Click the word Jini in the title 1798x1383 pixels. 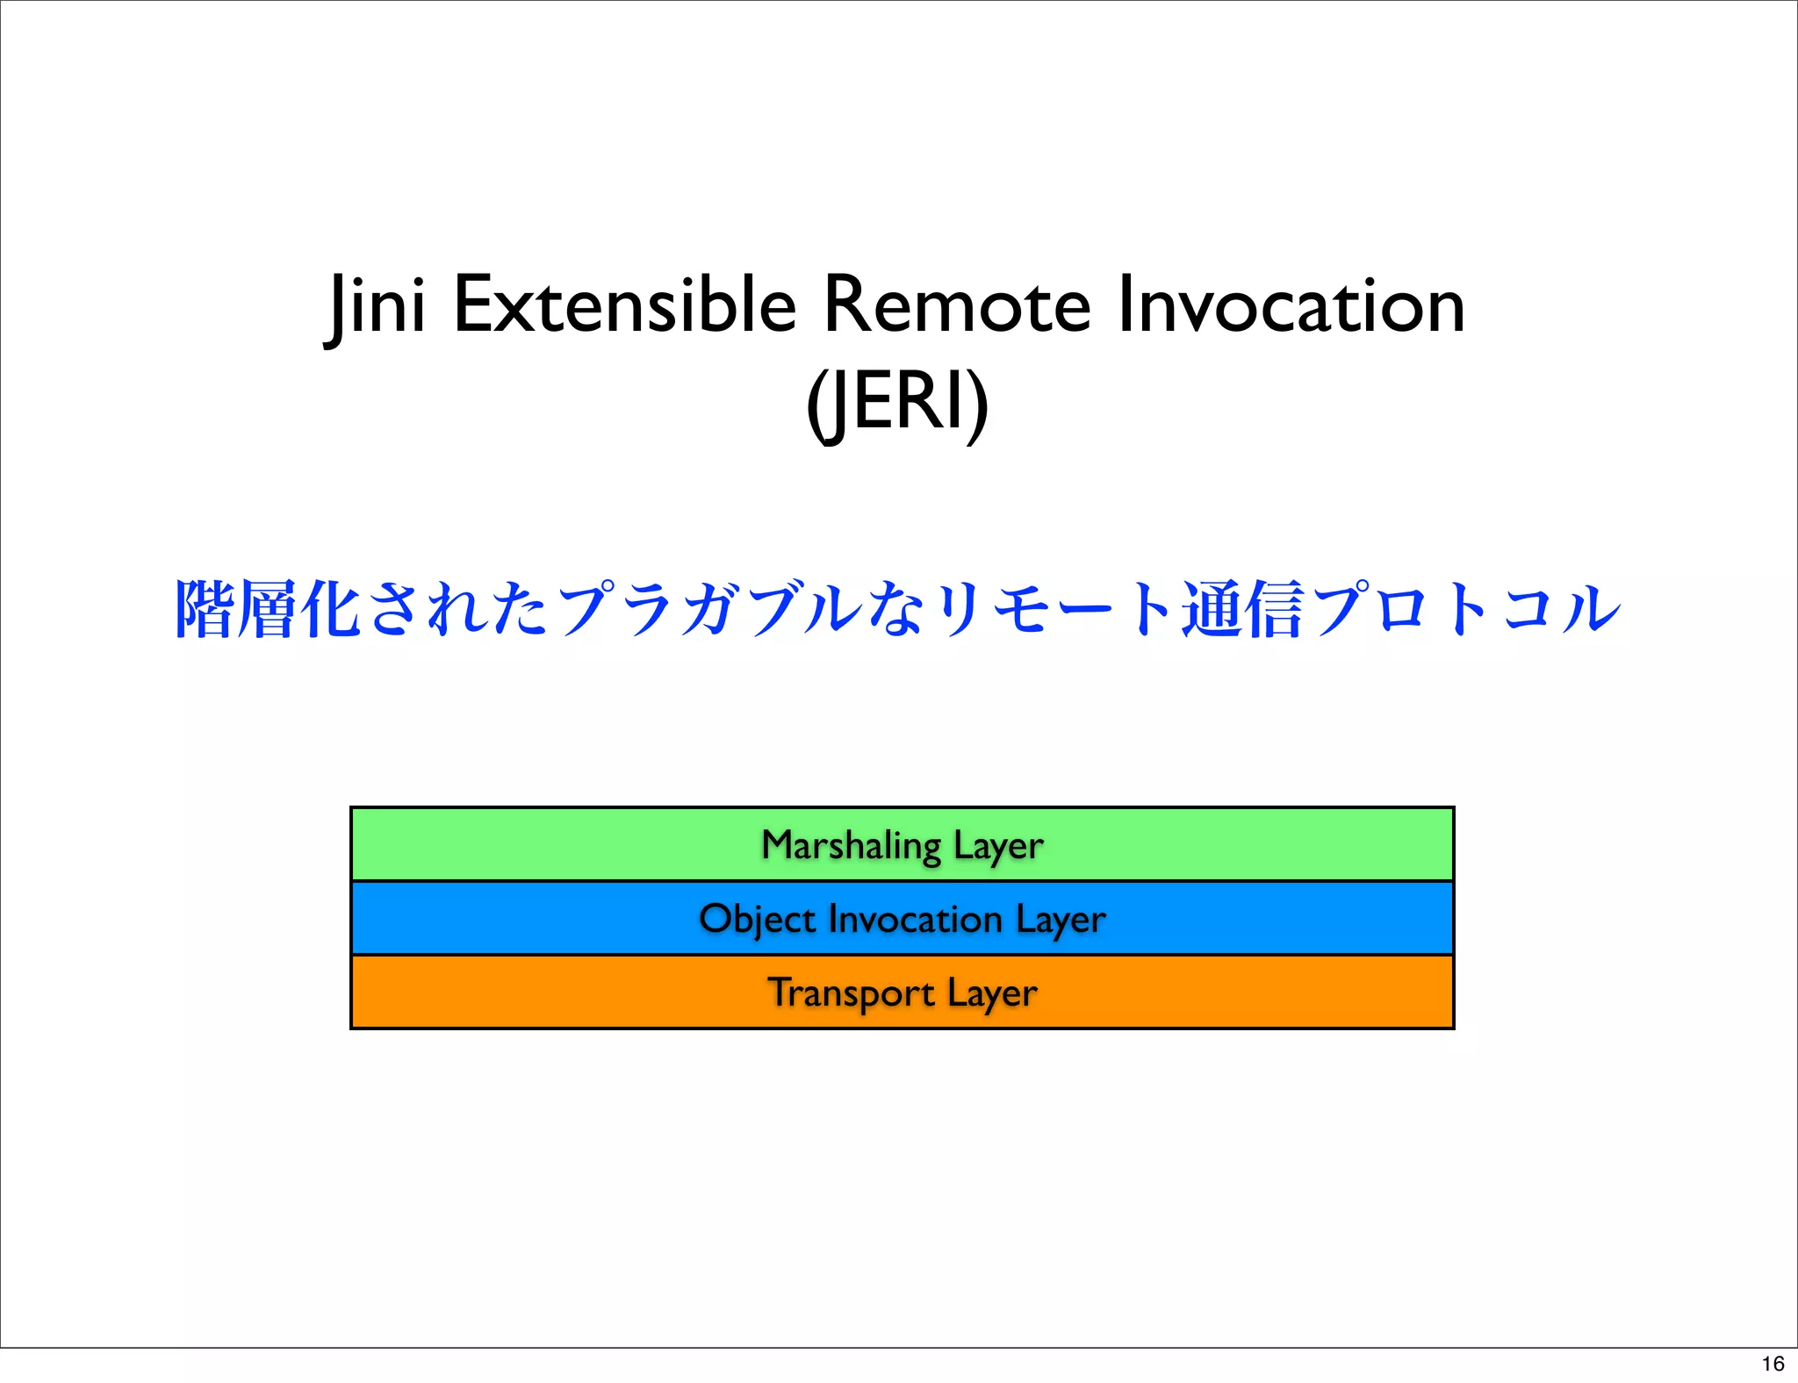(376, 305)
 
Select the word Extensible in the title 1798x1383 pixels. (624, 305)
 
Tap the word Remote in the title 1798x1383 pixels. (956, 305)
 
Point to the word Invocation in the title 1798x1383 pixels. (1291, 305)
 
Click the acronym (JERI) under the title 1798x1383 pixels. (897, 402)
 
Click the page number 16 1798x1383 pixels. (1773, 1364)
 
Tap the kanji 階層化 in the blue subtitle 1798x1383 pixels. (268, 609)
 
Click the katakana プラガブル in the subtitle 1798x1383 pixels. (709, 609)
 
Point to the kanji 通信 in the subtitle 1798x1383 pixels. (1241, 609)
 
